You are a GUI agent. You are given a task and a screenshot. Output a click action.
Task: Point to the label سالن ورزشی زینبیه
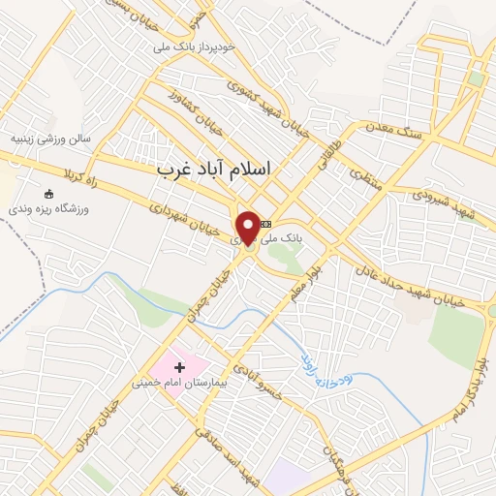tap(49, 138)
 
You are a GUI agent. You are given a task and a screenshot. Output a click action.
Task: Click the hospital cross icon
tap(179, 367)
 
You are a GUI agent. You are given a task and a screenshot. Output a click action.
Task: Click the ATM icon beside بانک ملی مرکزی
tap(266, 224)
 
